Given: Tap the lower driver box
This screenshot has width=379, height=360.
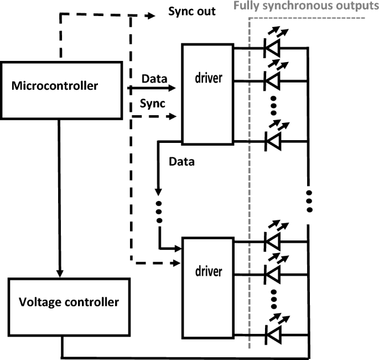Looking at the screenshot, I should coord(207,287).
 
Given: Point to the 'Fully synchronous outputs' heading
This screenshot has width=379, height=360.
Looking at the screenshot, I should coord(305,6).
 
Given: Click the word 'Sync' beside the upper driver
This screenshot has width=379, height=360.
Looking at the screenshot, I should coord(152,104).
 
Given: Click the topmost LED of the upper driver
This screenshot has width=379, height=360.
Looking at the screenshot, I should coord(273,48).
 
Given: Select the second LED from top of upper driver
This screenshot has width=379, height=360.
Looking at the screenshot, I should coord(273,80).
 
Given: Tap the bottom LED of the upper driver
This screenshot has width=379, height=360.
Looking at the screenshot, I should coord(273,141).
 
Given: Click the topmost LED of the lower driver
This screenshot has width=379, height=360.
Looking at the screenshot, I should coord(273,241).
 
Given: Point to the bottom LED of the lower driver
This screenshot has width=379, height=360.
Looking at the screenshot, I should coord(273,335).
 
